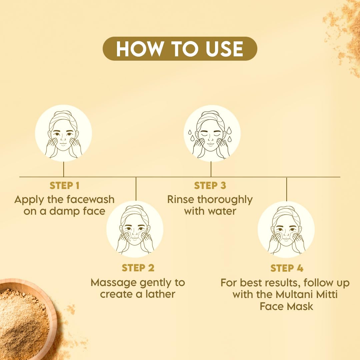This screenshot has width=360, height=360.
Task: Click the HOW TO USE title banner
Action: (x=180, y=49)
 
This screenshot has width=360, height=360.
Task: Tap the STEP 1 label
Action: (x=64, y=186)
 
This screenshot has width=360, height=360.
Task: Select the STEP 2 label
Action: (x=138, y=268)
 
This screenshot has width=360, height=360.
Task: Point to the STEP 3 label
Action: (x=210, y=186)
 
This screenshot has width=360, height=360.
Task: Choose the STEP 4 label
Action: (x=287, y=268)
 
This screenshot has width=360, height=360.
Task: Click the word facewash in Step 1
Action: (x=90, y=200)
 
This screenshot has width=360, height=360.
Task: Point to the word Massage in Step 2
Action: (x=109, y=283)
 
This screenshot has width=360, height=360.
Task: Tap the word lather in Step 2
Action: (x=159, y=294)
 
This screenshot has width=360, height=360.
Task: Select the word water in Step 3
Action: (x=223, y=211)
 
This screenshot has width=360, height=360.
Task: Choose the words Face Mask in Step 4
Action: (x=287, y=306)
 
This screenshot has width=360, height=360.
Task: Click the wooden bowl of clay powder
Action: (x=23, y=317)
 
